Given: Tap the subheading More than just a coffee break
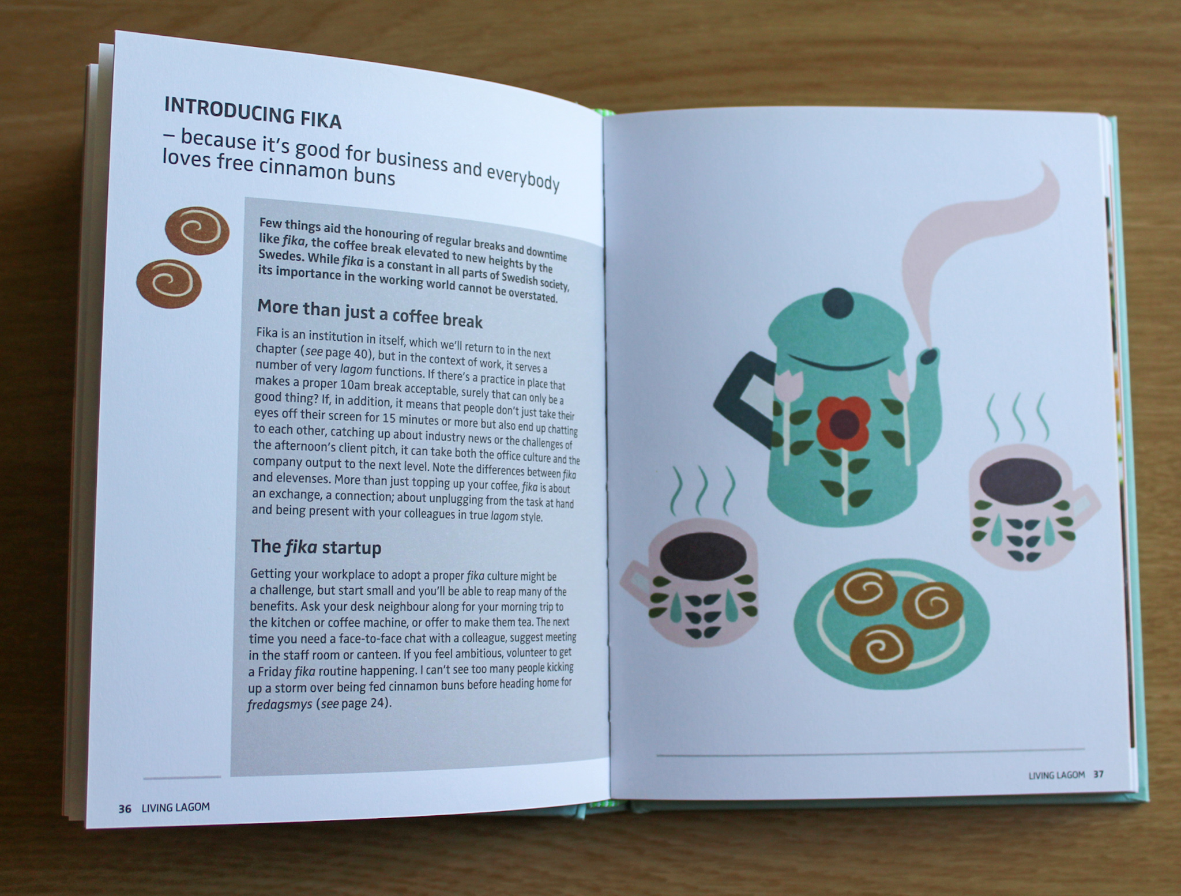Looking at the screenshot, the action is (x=370, y=313).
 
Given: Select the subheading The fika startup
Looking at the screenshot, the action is (x=316, y=547).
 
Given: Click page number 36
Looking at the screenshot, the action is (x=125, y=808).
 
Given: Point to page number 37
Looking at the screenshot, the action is (x=1099, y=774).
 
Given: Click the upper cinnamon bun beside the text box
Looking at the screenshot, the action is (x=197, y=231).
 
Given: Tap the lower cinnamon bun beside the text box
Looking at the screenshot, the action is (x=169, y=284).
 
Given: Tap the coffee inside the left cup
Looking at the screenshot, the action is (x=703, y=554).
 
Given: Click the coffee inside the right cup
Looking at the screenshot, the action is (x=1020, y=481).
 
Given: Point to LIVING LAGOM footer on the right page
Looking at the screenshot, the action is (x=1057, y=775).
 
